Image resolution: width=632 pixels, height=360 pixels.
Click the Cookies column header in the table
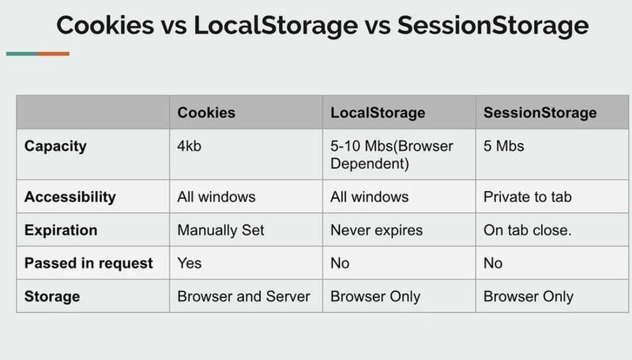pos(206,113)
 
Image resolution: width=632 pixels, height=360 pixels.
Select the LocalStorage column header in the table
pos(378,113)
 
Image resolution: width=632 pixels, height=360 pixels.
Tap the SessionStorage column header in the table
pos(540,113)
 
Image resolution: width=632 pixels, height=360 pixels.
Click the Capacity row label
pos(55,147)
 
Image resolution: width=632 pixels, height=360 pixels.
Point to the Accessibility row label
pos(70,197)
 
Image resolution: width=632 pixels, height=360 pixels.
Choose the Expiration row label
pos(61,231)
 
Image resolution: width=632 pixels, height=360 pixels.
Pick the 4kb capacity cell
pos(191,147)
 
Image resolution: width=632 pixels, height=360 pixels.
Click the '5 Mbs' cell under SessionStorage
pos(505,147)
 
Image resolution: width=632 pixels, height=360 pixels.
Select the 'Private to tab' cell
pos(527,197)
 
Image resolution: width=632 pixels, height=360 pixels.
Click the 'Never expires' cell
pos(377,231)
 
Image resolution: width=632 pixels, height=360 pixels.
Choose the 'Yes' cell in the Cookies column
pos(189,264)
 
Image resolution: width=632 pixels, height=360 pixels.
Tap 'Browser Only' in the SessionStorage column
pos(529,297)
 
